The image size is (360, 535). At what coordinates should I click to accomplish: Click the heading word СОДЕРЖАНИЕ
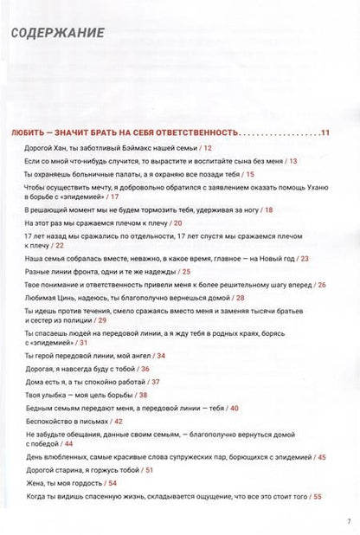point(58,34)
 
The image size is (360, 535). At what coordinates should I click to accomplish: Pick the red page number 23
point(305,259)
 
